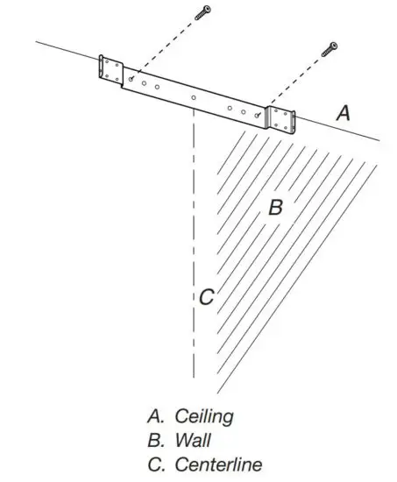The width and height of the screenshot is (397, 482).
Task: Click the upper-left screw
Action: [205, 12]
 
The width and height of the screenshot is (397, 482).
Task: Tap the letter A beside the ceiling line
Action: [344, 112]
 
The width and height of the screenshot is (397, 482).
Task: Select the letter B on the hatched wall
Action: [274, 208]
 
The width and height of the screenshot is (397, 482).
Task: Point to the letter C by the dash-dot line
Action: [206, 297]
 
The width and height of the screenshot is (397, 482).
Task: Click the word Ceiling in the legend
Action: [204, 415]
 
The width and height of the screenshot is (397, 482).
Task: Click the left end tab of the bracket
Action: [111, 69]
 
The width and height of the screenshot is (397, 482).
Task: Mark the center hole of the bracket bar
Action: [193, 96]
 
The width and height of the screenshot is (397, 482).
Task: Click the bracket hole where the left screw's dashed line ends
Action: [131, 79]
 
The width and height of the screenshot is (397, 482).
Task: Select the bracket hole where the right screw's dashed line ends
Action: [257, 114]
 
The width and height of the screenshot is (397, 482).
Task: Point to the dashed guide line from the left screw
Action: [167, 46]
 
